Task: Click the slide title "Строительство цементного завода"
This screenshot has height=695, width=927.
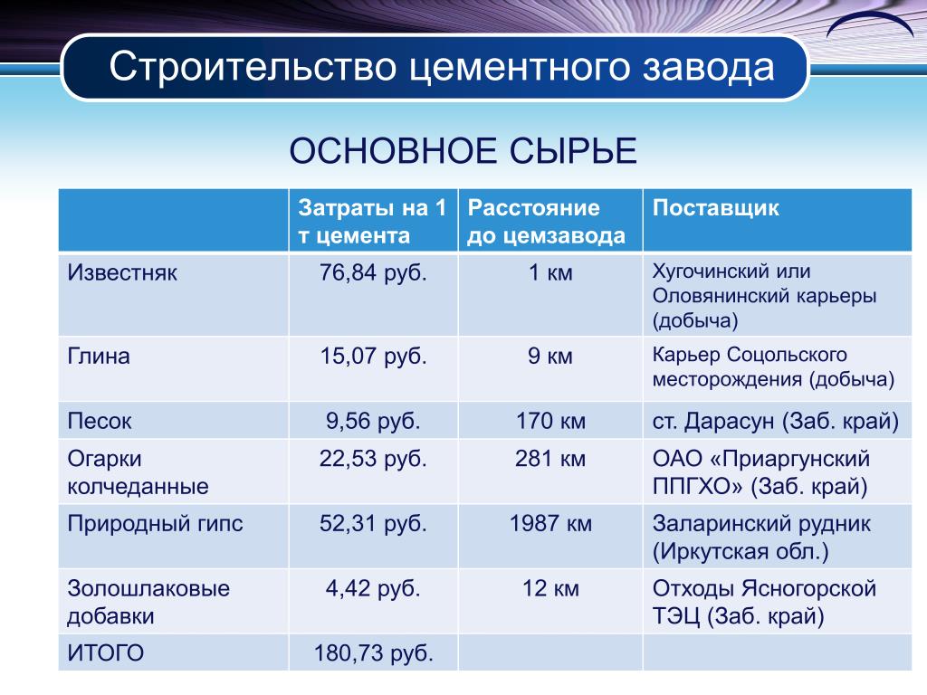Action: click(x=442, y=67)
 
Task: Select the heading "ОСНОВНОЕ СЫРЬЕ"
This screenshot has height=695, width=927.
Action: click(x=463, y=151)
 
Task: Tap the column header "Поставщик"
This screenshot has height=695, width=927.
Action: click(x=715, y=208)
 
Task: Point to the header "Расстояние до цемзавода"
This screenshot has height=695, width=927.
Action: click(x=546, y=222)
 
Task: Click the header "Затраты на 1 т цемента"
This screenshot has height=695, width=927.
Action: click(x=372, y=222)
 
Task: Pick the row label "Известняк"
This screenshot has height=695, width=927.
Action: click(x=122, y=273)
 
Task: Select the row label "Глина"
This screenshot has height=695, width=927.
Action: click(x=98, y=357)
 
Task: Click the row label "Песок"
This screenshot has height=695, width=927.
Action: click(x=100, y=422)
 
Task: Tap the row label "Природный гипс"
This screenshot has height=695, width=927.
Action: click(x=155, y=524)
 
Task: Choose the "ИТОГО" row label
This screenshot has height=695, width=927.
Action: click(x=105, y=653)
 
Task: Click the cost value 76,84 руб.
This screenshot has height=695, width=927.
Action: click(x=373, y=273)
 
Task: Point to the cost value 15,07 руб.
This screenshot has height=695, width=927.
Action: click(x=373, y=357)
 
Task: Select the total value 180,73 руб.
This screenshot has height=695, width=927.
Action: click(x=374, y=653)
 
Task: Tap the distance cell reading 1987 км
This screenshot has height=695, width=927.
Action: click(x=550, y=524)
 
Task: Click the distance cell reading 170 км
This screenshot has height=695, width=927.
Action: click(x=550, y=422)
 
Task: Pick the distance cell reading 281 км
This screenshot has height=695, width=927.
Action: click(x=550, y=459)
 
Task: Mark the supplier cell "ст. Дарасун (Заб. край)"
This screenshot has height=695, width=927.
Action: click(x=775, y=422)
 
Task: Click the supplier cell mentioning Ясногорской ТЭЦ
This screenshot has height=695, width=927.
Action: click(x=764, y=602)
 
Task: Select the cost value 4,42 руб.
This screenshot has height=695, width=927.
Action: click(x=373, y=588)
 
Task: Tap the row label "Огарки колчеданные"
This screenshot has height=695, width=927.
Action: click(x=138, y=472)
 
